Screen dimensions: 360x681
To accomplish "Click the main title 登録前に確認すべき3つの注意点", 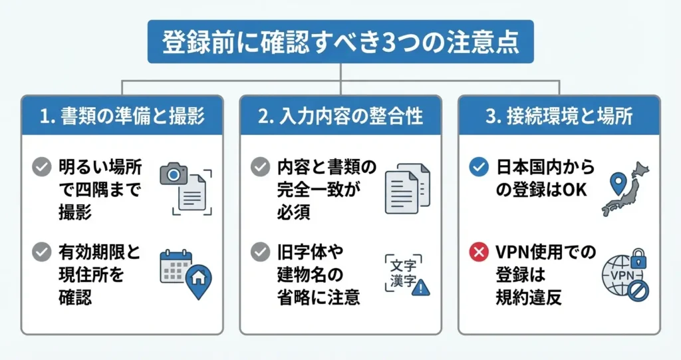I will (340, 44).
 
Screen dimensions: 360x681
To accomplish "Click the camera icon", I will (174, 174).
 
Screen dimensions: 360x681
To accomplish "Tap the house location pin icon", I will (198, 281).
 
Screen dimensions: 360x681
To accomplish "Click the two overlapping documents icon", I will (407, 188).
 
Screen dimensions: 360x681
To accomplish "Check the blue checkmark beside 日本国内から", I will (479, 167).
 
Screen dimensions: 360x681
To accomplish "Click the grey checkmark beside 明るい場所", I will (42, 167).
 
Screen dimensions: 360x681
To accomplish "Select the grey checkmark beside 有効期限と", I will (42, 253).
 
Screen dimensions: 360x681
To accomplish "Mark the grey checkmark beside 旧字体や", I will (260, 253).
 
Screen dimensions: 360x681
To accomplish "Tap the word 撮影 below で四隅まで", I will (74, 212).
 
